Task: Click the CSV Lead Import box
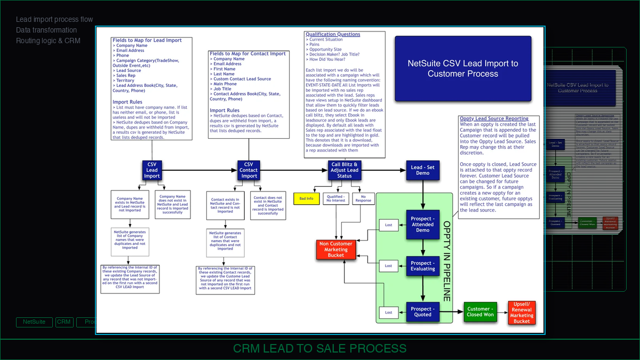click(x=152, y=170)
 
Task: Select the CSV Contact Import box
click(x=249, y=170)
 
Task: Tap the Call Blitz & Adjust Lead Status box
click(x=345, y=170)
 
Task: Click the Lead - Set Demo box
click(x=423, y=170)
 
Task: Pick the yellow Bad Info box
click(x=306, y=198)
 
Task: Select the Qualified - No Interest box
click(x=335, y=199)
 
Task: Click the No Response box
click(x=363, y=198)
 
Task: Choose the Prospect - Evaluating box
click(x=423, y=266)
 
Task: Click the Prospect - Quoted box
click(x=423, y=311)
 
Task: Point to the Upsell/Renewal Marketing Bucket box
click(x=522, y=313)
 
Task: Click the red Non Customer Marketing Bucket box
click(x=336, y=250)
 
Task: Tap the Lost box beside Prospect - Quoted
click(x=389, y=313)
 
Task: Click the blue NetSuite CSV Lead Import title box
click(x=463, y=68)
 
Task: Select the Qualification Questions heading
click(x=333, y=34)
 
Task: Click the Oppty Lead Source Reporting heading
click(x=494, y=118)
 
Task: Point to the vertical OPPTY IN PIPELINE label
click(x=446, y=261)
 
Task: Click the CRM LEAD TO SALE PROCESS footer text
click(x=319, y=349)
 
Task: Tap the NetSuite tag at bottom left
click(x=34, y=322)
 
